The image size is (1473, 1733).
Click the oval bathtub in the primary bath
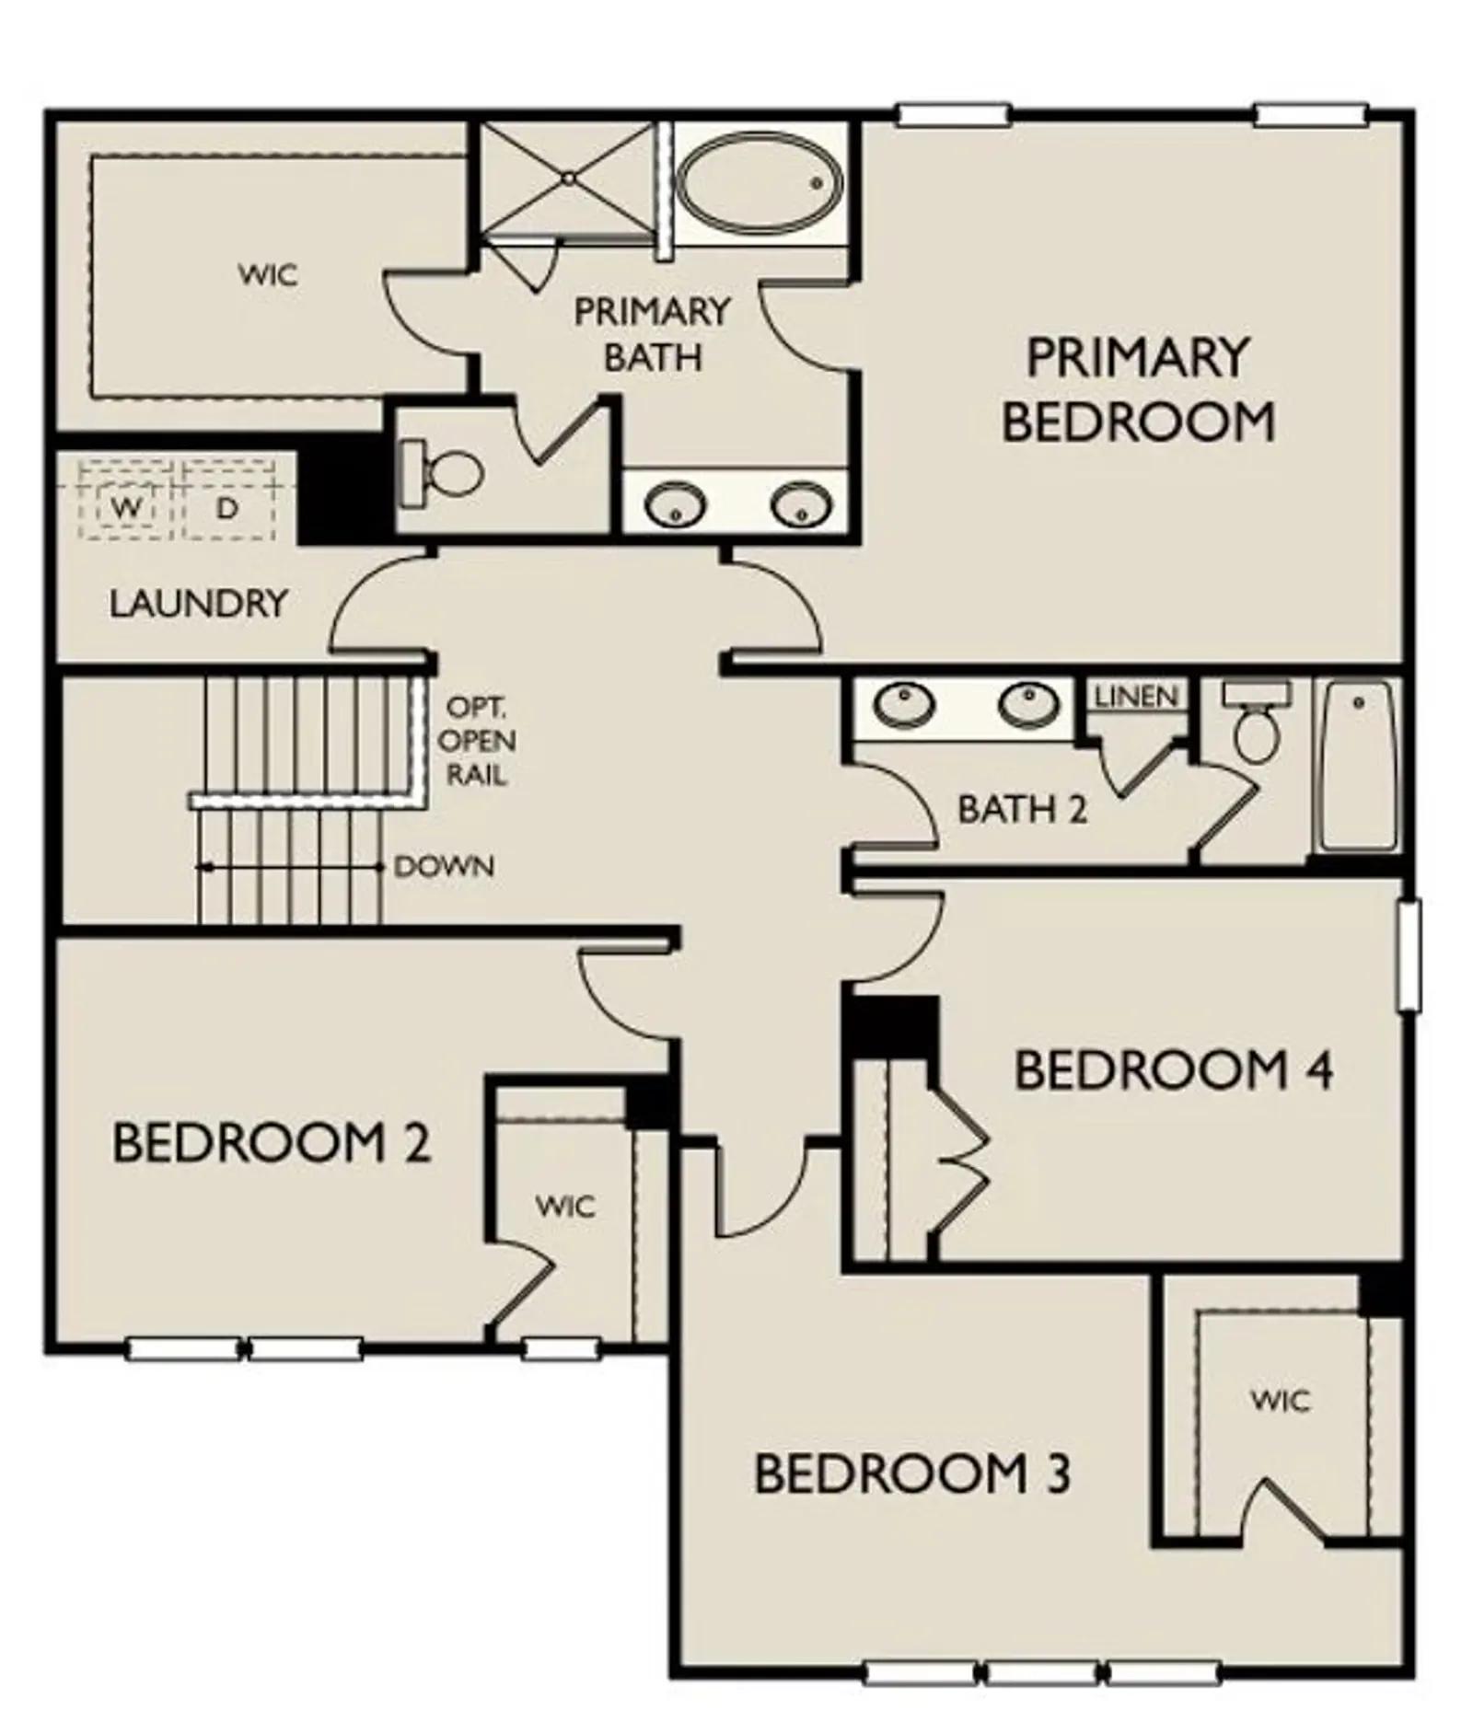tap(760, 182)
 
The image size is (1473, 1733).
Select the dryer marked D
tap(227, 506)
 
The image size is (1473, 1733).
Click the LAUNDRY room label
tap(198, 604)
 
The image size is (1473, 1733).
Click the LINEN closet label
tap(1136, 696)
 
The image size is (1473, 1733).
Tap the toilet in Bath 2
tap(1256, 722)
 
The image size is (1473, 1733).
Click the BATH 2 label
tap(1022, 809)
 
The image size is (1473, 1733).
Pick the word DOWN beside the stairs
tap(444, 866)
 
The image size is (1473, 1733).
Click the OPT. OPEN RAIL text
tap(476, 741)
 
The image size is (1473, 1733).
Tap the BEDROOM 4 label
tap(1173, 1070)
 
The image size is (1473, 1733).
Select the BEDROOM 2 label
tap(272, 1143)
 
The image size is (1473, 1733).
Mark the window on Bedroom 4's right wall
tap(1409, 955)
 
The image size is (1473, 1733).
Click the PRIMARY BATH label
tap(652, 334)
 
